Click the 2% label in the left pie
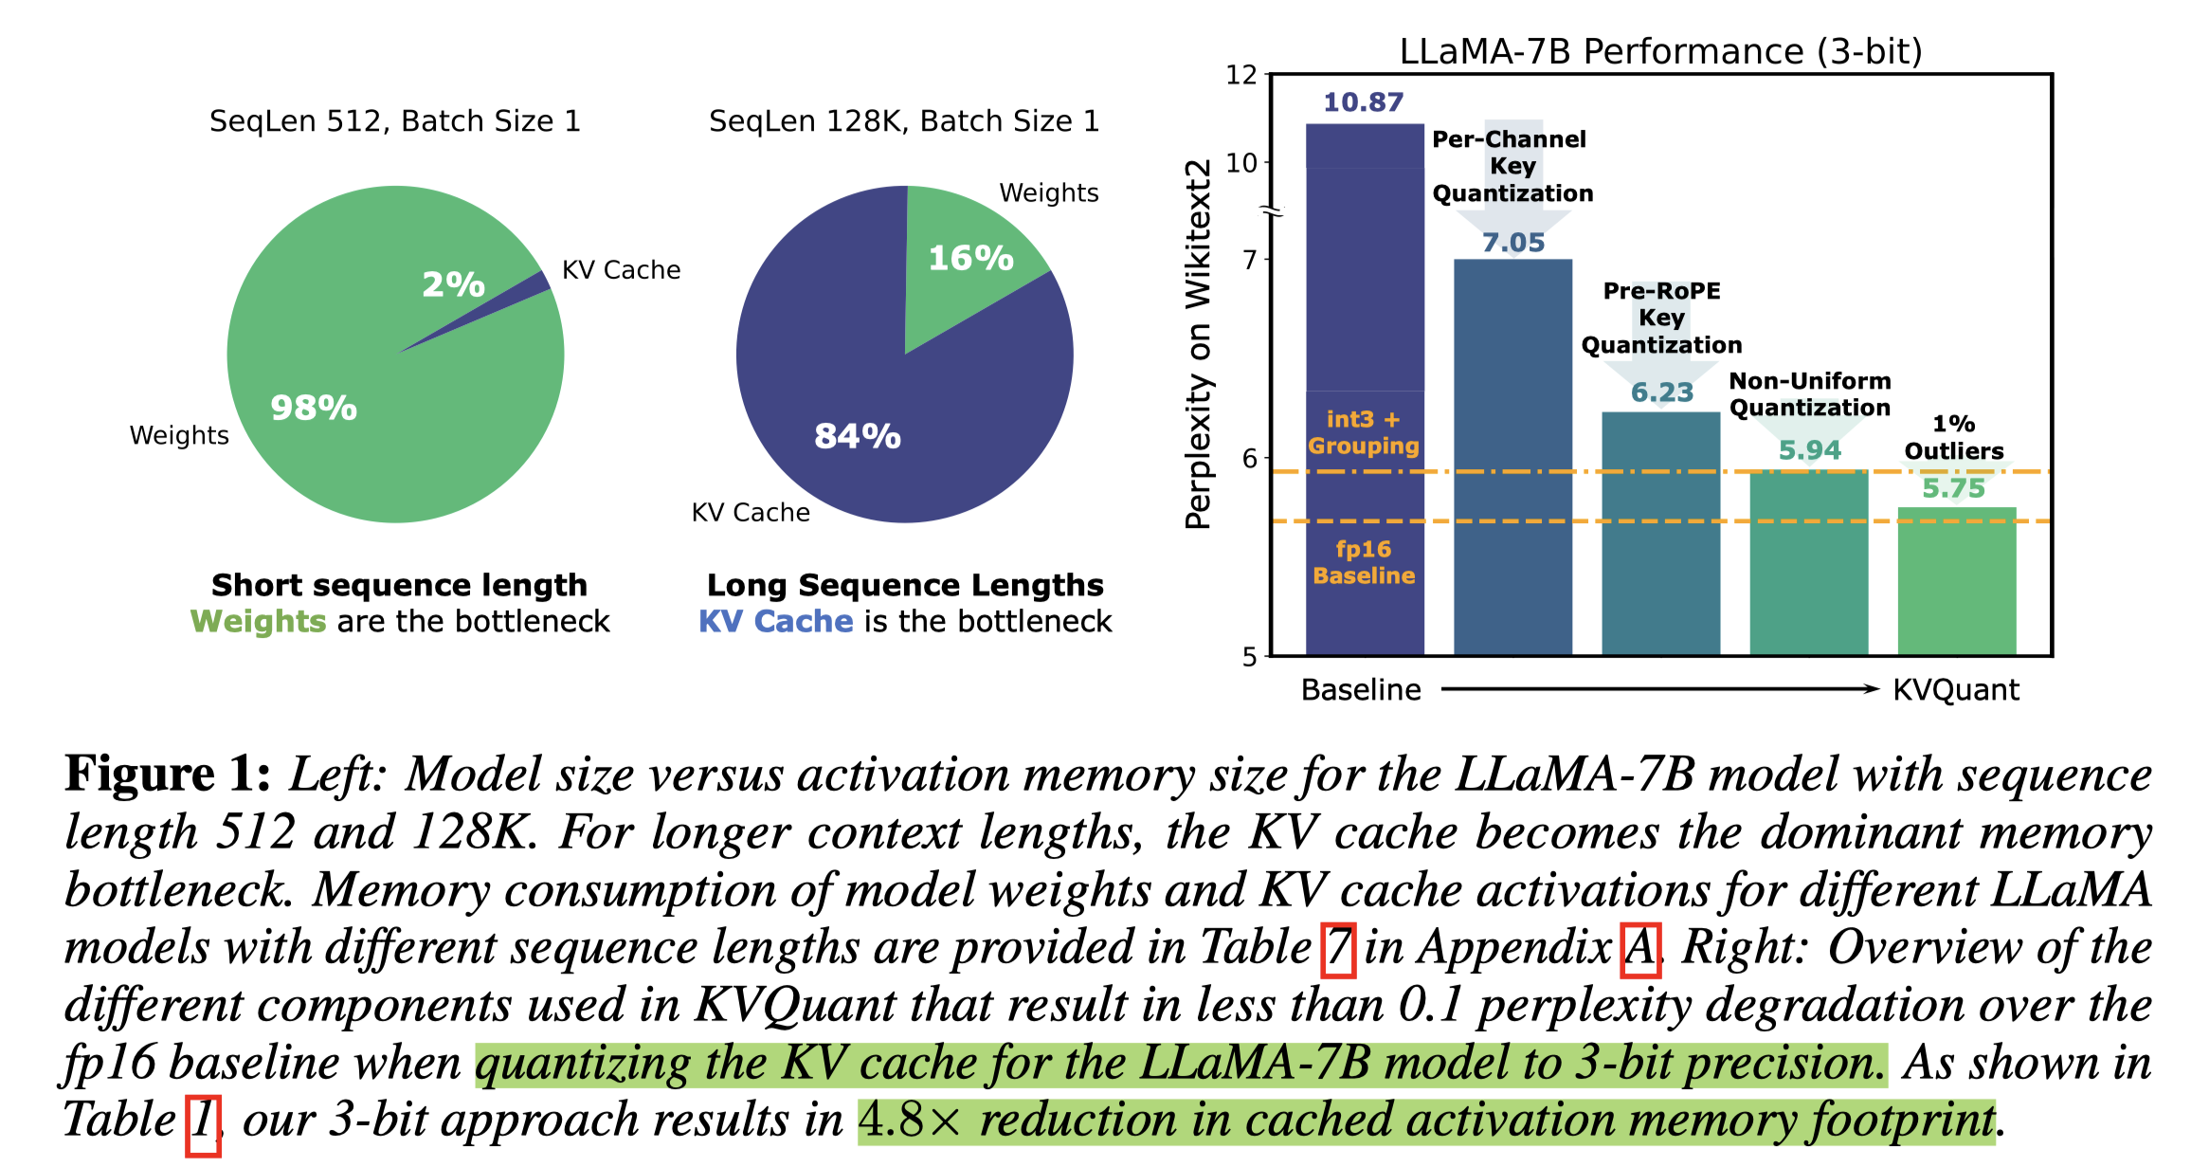[453, 284]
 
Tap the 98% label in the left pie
[314, 408]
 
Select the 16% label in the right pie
[970, 258]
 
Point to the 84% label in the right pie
[858, 436]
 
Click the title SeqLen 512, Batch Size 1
[394, 121]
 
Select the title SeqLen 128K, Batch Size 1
[904, 121]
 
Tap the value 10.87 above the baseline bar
[1363, 102]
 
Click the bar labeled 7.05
[1512, 455]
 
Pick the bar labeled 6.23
[1660, 531]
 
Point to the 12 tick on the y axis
[1240, 75]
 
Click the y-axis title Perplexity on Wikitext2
[1199, 343]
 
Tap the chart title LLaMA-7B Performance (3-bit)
[1660, 51]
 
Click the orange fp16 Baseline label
[1364, 562]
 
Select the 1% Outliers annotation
[1954, 437]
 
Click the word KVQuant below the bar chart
[1956, 690]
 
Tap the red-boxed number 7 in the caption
[1337, 949]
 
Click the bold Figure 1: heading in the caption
[168, 774]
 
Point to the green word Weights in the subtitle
[258, 622]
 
